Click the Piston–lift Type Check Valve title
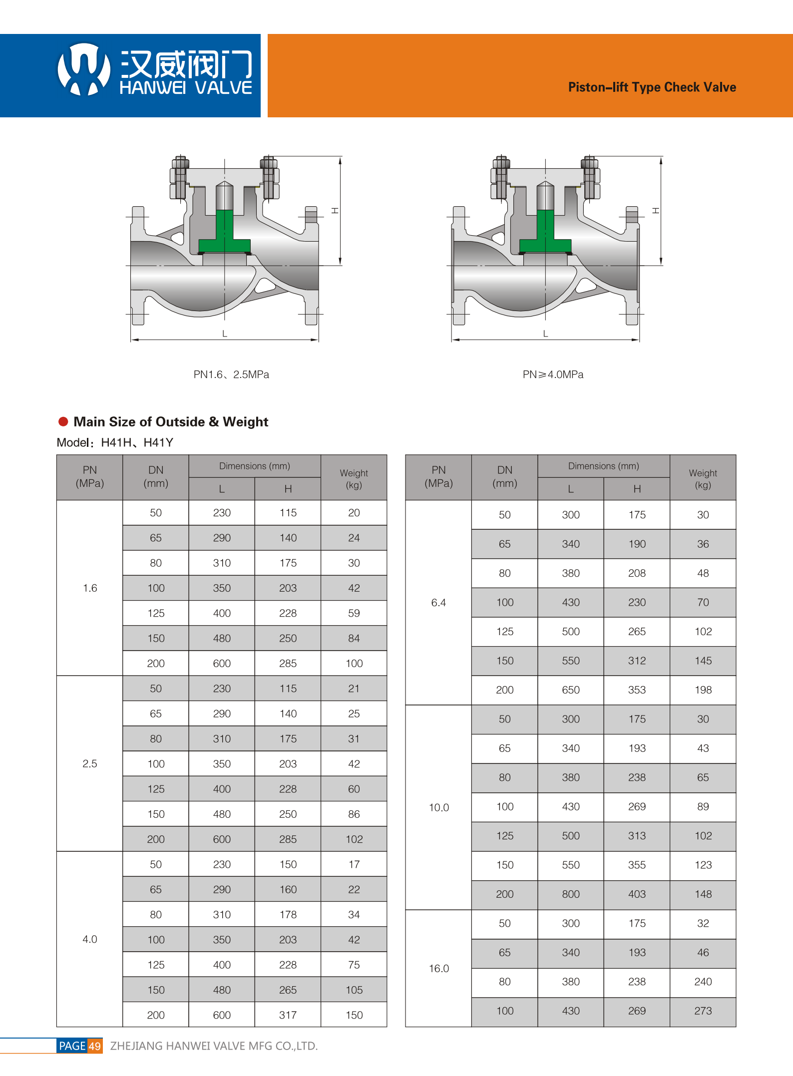click(x=652, y=87)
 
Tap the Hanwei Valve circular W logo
click(x=83, y=69)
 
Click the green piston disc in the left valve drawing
click(x=224, y=240)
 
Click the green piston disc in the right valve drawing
click(x=545, y=240)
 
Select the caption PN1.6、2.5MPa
click(x=231, y=374)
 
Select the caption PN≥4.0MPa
click(x=553, y=374)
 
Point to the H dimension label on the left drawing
click(x=335, y=211)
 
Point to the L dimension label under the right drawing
click(x=545, y=334)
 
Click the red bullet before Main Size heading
click(x=63, y=421)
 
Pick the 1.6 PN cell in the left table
click(x=90, y=588)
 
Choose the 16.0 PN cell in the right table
click(x=438, y=968)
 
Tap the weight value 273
click(x=703, y=1011)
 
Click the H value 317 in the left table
click(x=288, y=1015)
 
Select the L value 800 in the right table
click(x=570, y=894)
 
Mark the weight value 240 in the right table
click(x=703, y=982)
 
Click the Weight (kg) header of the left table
click(x=354, y=478)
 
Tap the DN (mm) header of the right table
click(x=504, y=476)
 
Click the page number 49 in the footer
click(x=95, y=1046)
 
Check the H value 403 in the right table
click(x=637, y=894)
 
